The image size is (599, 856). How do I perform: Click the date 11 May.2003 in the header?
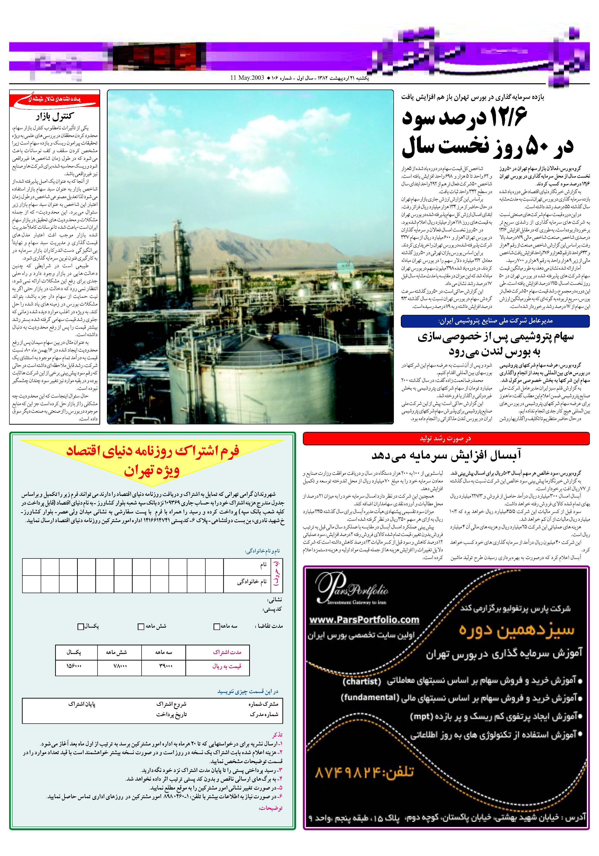click(x=247, y=78)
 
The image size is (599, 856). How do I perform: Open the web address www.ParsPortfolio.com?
click(x=364, y=619)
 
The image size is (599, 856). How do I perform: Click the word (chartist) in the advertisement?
click(x=361, y=681)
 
